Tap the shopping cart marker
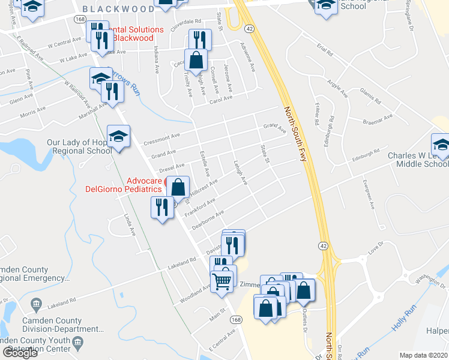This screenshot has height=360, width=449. click(x=222, y=280)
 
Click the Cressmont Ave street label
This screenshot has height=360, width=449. click(x=162, y=140)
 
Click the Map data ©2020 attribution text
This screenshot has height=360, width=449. click(x=423, y=355)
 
